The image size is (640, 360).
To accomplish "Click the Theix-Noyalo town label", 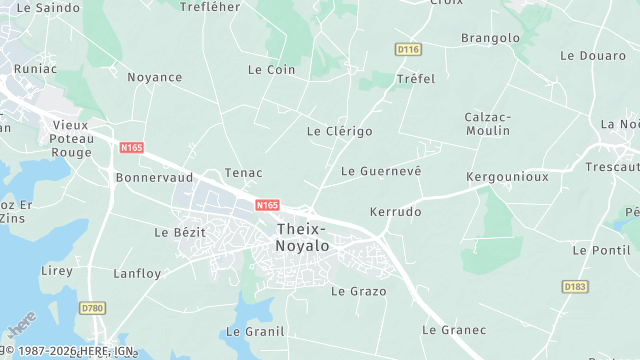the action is coord(307,236).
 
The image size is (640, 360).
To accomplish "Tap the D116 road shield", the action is coord(406,49).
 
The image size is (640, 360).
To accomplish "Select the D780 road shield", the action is coord(92,308).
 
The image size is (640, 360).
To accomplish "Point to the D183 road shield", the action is coord(575,287).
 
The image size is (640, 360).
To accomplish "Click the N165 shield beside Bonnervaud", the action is coord(131,148).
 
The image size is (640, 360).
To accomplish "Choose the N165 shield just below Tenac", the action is coord(266,205).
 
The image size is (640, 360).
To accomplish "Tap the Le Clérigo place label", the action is coord(339,131).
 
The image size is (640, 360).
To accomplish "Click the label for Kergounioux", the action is coord(507,176).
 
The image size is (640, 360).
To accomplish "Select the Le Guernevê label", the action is coord(381,171).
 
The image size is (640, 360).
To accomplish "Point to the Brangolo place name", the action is coord(490,38).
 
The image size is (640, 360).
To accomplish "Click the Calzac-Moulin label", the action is coord(488,124).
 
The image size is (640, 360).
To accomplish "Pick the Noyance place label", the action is coord(155,77).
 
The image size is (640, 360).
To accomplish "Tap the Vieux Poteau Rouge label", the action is coord(71,139).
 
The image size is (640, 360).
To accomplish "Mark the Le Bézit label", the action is coord(180,232).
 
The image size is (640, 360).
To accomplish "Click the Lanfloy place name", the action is coord(137,273).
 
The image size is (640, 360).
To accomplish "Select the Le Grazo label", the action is coord(351,291).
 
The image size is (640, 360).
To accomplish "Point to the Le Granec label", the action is coord(454,329).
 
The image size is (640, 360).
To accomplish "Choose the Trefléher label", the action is coord(210,7).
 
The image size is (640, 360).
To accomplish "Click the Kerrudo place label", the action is coord(395,212).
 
